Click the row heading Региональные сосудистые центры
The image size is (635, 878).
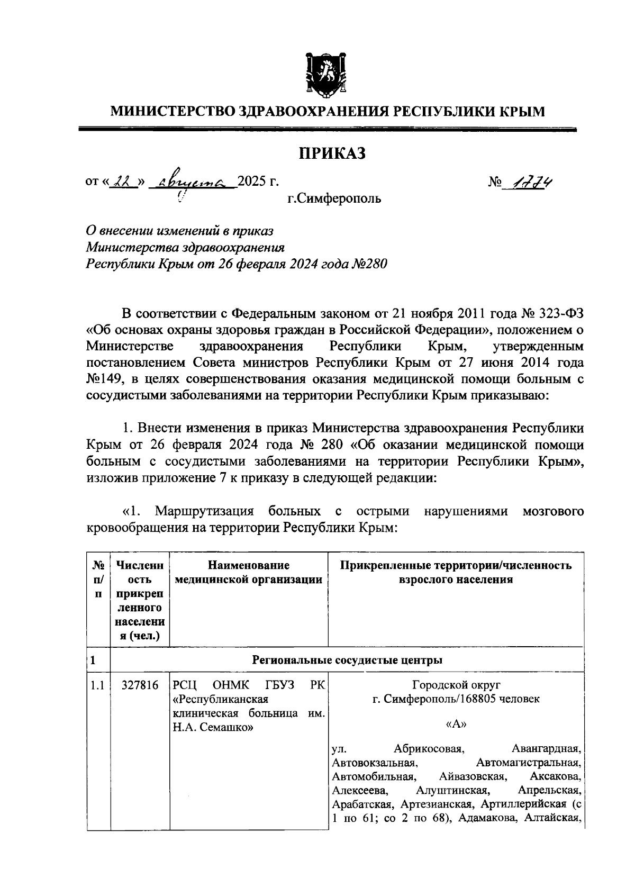tap(347, 660)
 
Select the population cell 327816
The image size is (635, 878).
tap(140, 685)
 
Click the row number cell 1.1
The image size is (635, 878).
tap(97, 685)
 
